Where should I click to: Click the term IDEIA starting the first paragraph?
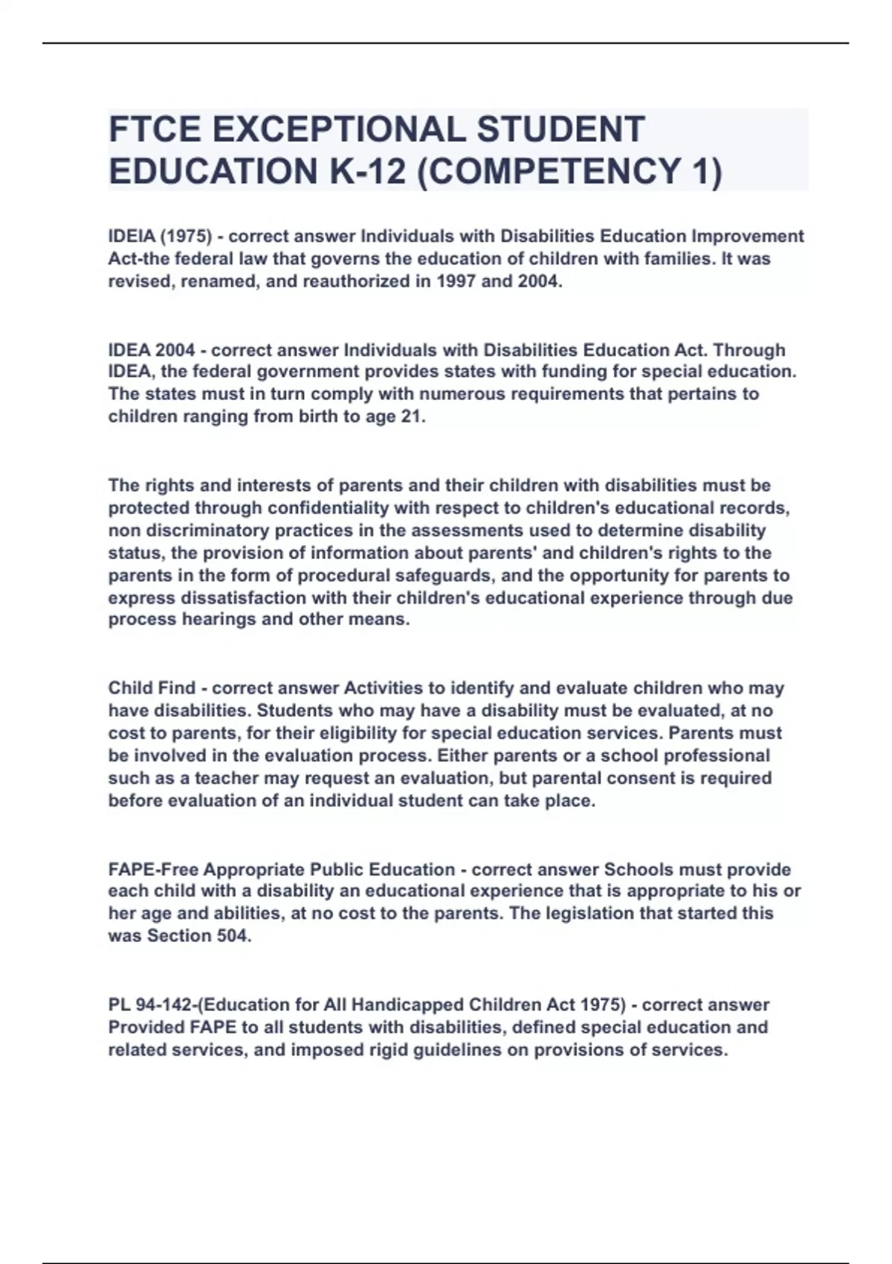(132, 236)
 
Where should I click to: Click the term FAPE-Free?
(153, 869)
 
